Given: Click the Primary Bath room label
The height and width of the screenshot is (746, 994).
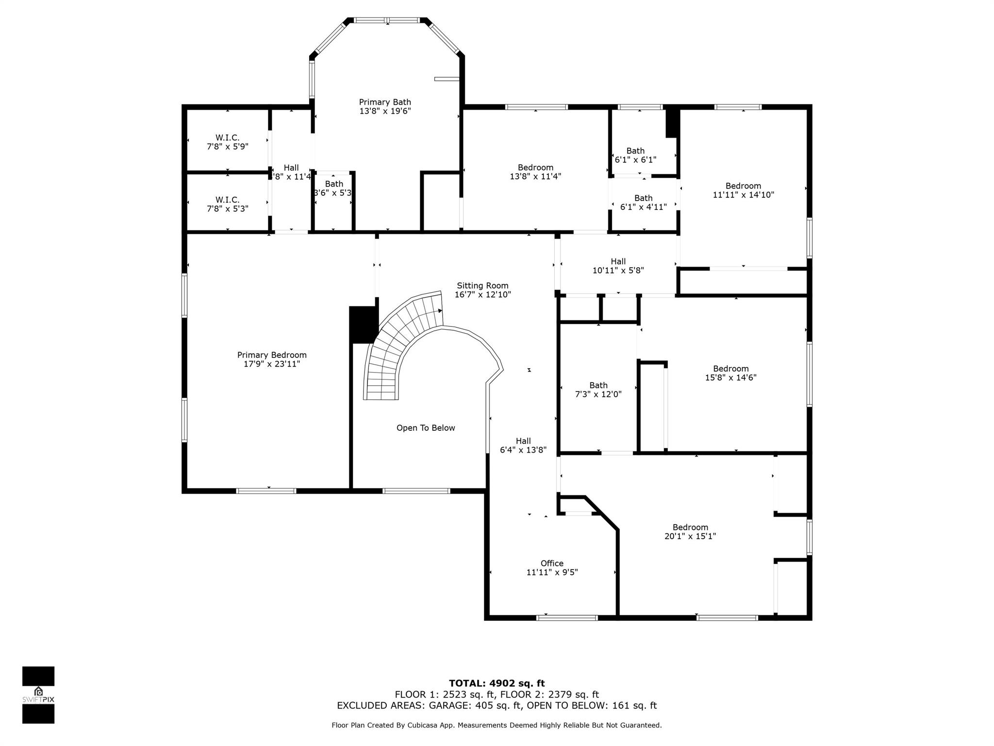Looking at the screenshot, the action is click(x=385, y=102).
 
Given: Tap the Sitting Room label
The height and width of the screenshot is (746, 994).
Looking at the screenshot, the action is click(x=482, y=286).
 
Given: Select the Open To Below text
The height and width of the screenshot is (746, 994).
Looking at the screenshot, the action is click(x=426, y=428).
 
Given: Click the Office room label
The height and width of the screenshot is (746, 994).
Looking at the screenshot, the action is click(x=552, y=563).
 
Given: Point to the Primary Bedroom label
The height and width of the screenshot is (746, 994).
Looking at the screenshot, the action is click(x=272, y=355).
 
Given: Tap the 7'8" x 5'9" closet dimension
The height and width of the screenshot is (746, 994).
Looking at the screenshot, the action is click(x=228, y=146).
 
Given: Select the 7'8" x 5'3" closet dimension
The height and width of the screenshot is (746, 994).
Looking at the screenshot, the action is click(x=228, y=208).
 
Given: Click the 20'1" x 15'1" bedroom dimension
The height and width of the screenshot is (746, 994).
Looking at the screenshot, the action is click(x=690, y=536).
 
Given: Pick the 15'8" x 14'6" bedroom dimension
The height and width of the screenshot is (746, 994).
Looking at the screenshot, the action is click(x=731, y=377).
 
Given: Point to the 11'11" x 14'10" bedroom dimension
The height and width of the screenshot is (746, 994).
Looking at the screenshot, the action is click(x=743, y=195).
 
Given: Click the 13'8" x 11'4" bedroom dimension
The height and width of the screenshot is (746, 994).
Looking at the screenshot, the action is click(x=535, y=176).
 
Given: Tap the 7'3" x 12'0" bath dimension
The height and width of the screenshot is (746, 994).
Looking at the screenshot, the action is click(x=598, y=394).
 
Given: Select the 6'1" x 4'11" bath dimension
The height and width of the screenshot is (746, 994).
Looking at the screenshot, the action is click(x=644, y=207).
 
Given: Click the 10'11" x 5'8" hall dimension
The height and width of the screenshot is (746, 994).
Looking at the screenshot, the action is click(x=618, y=271).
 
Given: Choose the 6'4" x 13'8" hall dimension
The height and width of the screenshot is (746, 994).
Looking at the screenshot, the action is click(x=523, y=450).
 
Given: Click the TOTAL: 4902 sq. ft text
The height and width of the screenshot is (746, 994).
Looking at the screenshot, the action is click(x=497, y=683).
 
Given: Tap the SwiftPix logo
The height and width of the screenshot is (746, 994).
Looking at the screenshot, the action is click(x=38, y=695).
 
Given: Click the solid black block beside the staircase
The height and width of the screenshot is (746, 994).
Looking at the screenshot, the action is click(x=363, y=324).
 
